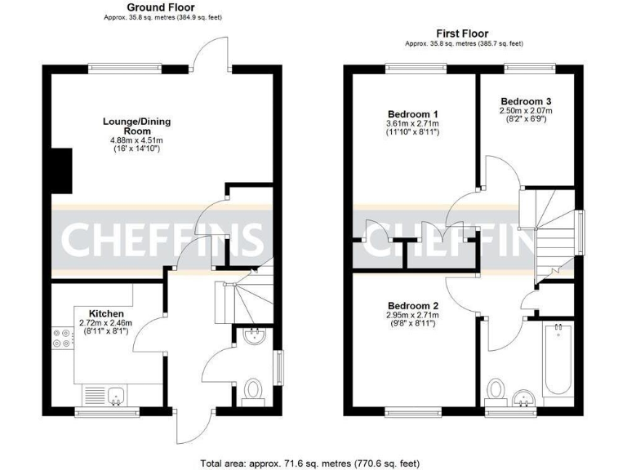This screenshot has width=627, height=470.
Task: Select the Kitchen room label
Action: click(x=106, y=313)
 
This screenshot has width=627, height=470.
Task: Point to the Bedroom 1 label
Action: click(x=413, y=113)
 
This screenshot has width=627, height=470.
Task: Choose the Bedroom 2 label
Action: click(x=413, y=306)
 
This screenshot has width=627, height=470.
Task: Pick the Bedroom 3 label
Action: click(x=526, y=100)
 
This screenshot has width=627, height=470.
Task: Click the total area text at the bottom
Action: click(x=313, y=462)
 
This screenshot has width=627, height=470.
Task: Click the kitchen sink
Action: click(x=117, y=395)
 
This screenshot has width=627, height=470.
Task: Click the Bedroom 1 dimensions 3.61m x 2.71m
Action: click(x=413, y=124)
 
